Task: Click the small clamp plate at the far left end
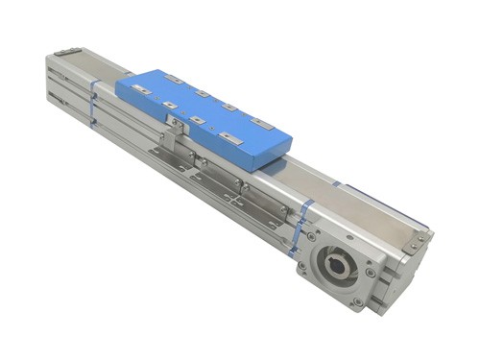coord(66,52)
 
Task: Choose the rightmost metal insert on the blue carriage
coord(260,122)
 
